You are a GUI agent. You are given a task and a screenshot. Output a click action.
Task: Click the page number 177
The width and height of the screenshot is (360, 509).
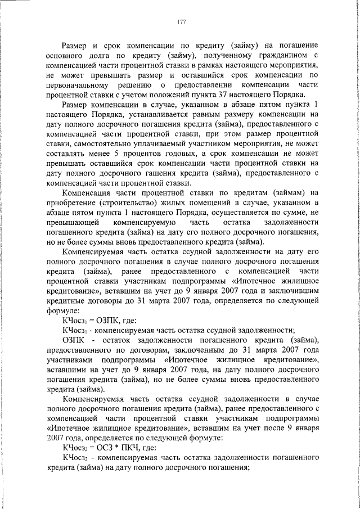181,22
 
